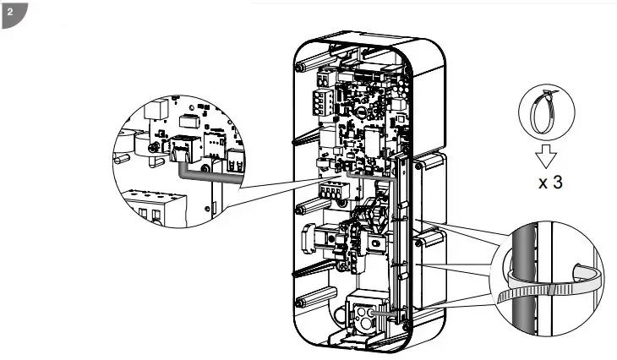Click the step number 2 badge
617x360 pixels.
(11, 12)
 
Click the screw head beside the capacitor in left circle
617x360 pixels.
(152, 149)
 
